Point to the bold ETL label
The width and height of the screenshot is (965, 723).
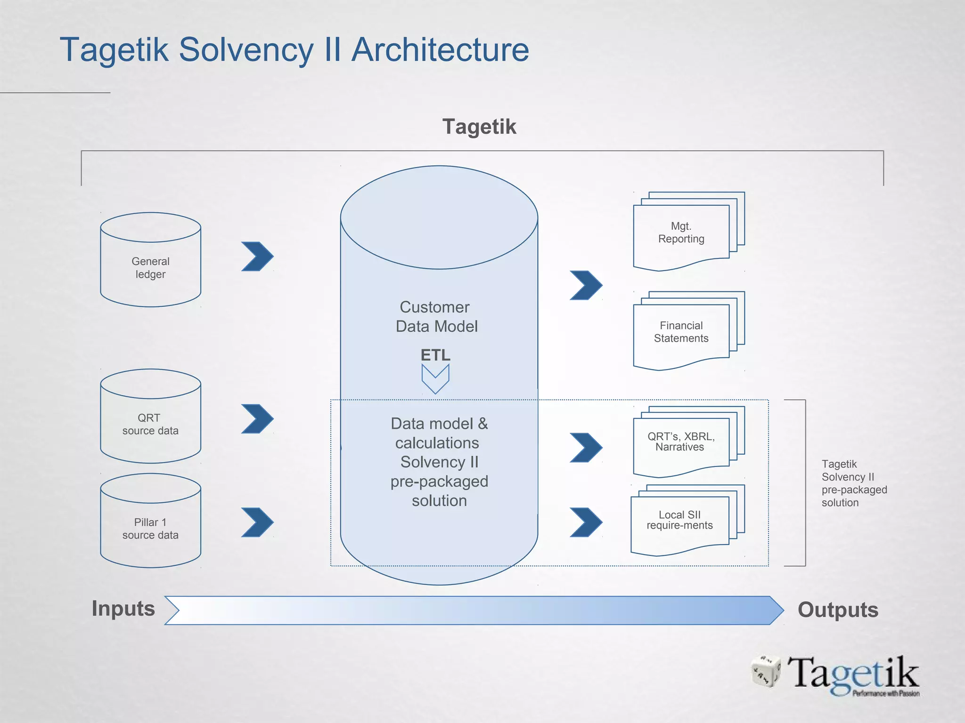coord(435,355)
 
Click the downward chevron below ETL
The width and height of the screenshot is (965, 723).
coord(435,379)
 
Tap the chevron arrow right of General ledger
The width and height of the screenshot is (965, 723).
coord(258,257)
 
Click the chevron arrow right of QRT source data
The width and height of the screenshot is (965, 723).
coord(258,418)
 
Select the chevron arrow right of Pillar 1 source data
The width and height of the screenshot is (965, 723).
coord(258,522)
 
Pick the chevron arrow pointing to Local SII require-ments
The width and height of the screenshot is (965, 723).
coord(586,522)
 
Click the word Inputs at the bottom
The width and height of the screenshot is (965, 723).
coord(123,608)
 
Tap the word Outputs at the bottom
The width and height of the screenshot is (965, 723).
coord(838,610)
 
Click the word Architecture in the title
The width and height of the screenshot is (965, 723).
coord(441,49)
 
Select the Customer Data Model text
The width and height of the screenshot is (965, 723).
coord(436,317)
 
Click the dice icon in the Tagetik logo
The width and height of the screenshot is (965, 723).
coord(766,671)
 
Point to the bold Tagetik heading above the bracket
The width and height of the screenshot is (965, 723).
coord(479,127)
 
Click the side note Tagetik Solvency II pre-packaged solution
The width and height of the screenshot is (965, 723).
coord(854,483)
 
